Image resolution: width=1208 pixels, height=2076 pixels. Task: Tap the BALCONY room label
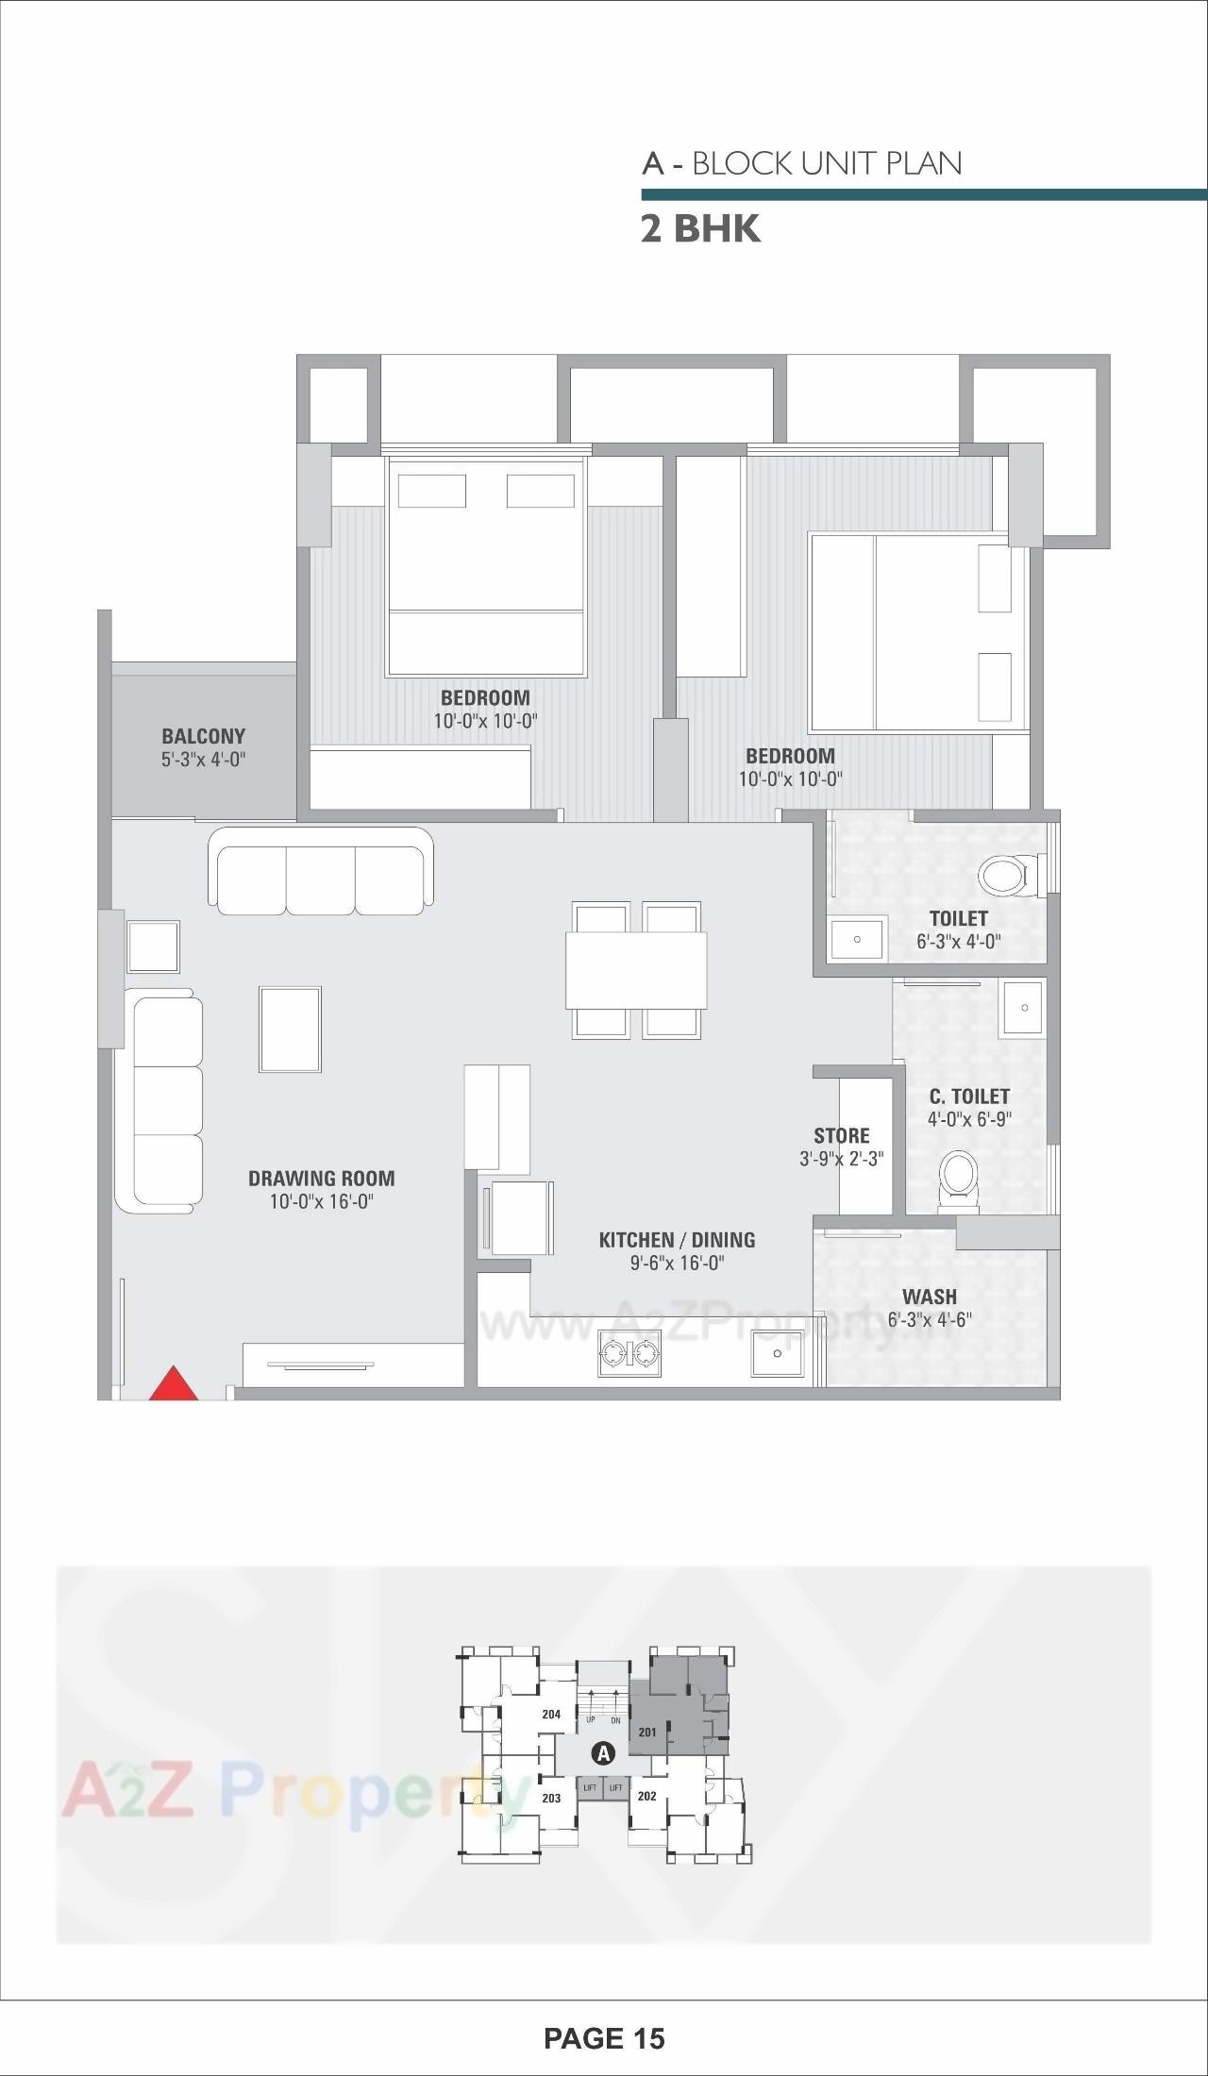pos(203,736)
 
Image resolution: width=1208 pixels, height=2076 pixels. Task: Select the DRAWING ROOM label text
pos(321,1178)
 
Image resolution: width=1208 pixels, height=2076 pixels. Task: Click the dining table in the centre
pos(636,970)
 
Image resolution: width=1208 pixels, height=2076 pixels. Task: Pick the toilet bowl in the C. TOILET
pos(959,1178)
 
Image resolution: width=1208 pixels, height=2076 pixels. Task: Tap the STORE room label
pos(842,1135)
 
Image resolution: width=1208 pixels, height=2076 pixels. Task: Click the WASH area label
pos(929,1297)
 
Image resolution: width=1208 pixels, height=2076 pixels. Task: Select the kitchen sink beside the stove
pos(777,1354)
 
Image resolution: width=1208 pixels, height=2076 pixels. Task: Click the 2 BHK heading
pos(700,229)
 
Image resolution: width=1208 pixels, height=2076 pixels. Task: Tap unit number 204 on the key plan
pos(551,1715)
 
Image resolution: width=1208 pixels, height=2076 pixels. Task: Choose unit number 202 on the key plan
pos(646,1796)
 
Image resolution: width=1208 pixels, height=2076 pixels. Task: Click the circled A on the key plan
pos(602,1753)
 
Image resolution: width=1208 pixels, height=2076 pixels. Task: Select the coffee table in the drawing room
pos(290,1030)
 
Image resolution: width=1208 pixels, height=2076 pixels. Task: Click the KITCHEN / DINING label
pos(677,1240)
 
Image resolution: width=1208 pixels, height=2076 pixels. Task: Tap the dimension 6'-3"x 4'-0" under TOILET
pos(958,941)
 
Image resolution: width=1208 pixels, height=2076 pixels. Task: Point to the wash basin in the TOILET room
pos(857,940)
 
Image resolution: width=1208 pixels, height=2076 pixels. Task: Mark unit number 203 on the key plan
pos(551,1798)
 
